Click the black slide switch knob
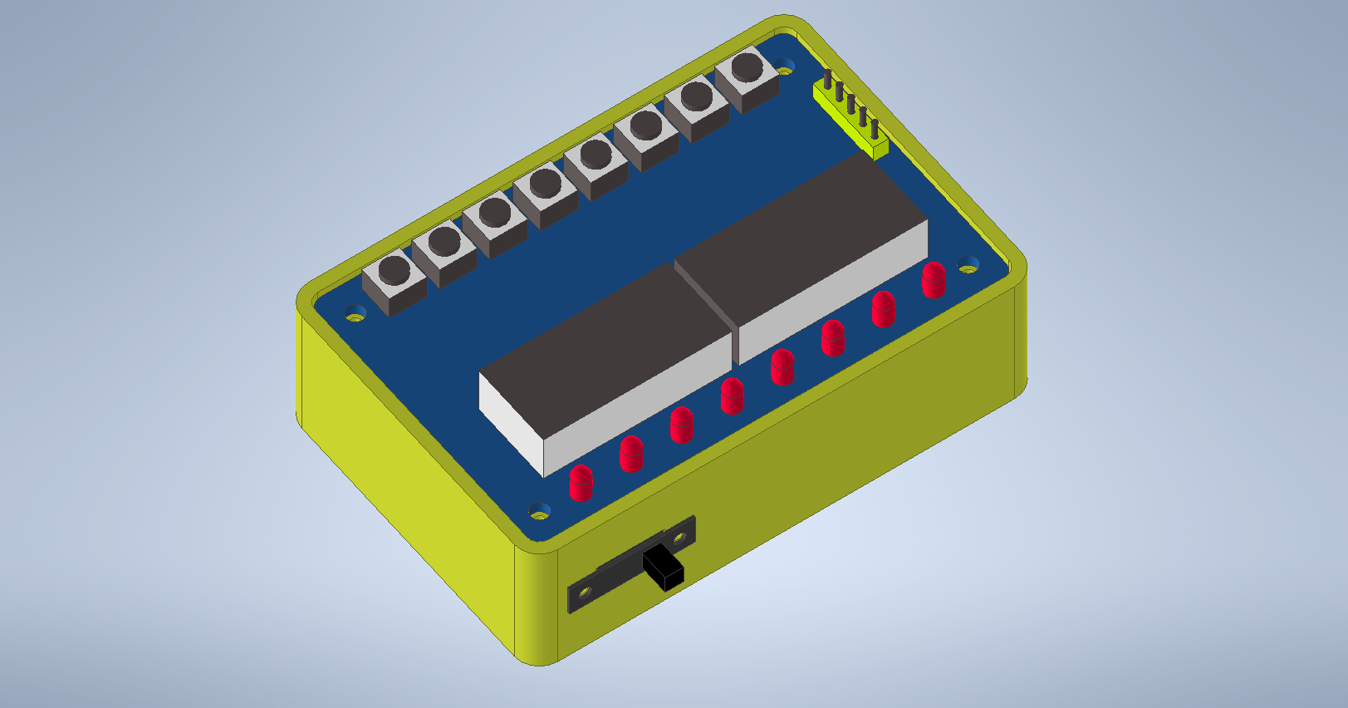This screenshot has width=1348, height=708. click(664, 569)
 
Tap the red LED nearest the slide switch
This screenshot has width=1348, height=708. click(581, 483)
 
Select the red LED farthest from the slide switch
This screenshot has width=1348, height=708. click(934, 280)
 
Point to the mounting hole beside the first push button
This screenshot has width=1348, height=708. click(355, 314)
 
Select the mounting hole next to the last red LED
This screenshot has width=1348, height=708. click(968, 266)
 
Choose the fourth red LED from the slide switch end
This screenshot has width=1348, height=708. click(732, 396)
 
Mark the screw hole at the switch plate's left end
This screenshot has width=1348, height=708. click(584, 592)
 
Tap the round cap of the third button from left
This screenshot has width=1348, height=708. click(494, 212)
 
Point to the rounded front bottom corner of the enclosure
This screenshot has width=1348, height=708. click(540, 656)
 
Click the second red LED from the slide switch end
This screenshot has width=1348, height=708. click(631, 454)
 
